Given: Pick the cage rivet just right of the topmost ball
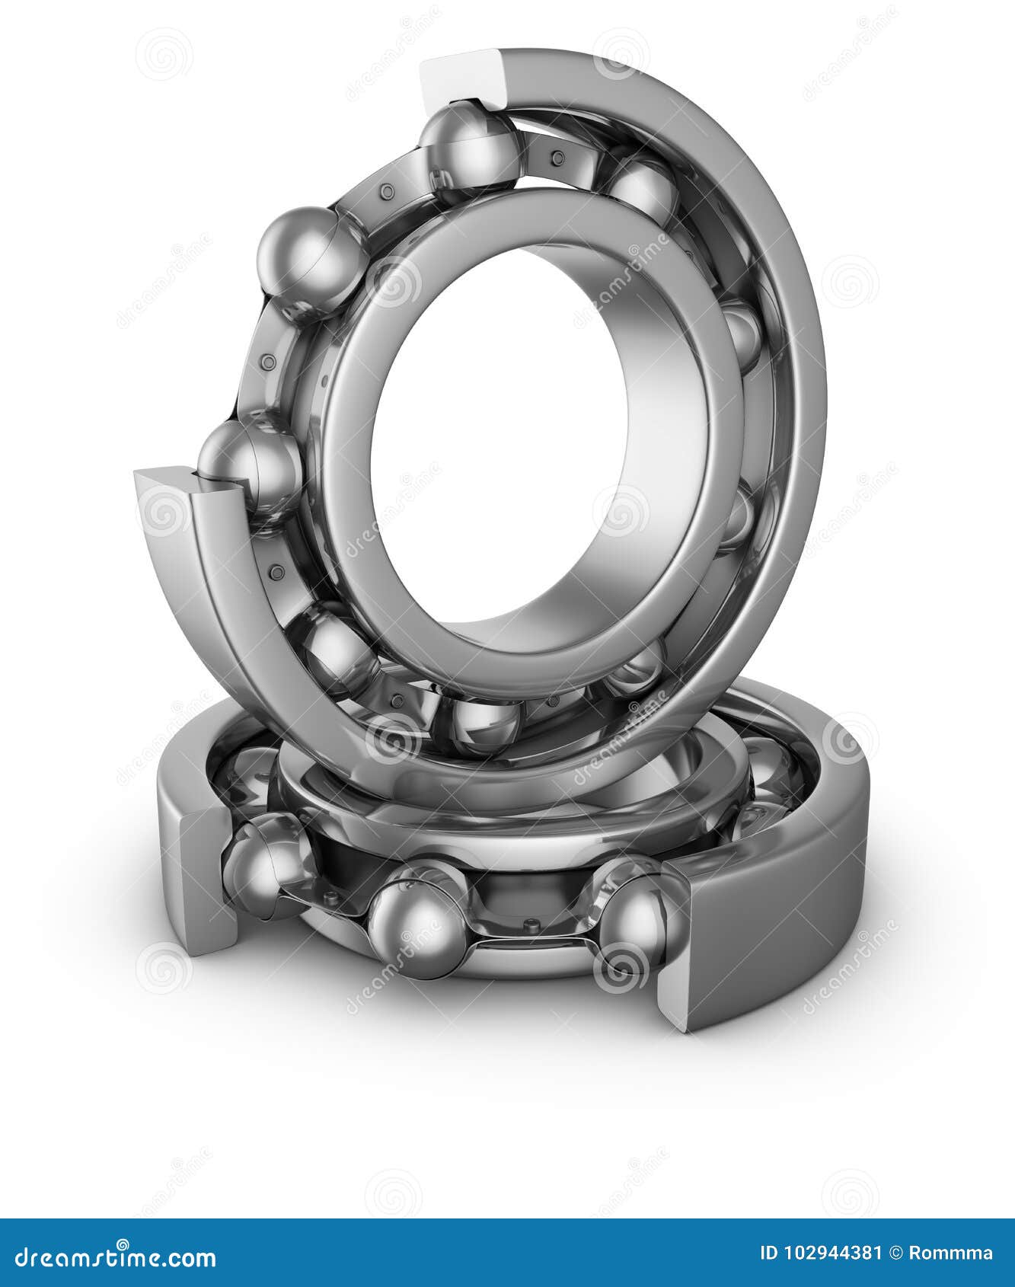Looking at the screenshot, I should coord(557,158).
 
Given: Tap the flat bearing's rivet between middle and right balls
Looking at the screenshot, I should coord(531,926).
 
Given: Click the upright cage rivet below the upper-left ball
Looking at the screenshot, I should coord(267,362).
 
